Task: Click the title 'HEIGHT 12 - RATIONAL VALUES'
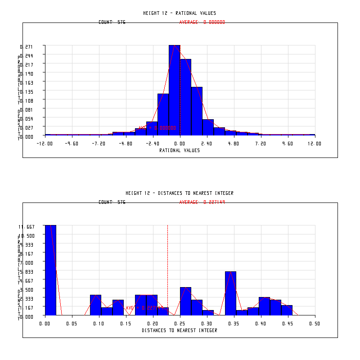[x=180, y=13]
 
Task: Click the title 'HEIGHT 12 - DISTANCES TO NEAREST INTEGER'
[x=180, y=193]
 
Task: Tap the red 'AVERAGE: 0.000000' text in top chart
[x=202, y=22]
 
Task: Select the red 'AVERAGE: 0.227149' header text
[x=202, y=202]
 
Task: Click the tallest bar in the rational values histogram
[x=174, y=90]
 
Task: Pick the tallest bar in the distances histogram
[x=50, y=270]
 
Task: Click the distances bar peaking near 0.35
[x=230, y=292]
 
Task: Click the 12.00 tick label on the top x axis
[x=315, y=144]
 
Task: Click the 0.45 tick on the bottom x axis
[x=288, y=324]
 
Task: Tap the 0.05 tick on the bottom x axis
[x=72, y=324]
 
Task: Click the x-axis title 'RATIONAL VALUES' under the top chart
[x=180, y=150]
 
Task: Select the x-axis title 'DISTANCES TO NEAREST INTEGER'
[x=180, y=330]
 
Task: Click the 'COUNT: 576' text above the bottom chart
[x=112, y=202]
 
